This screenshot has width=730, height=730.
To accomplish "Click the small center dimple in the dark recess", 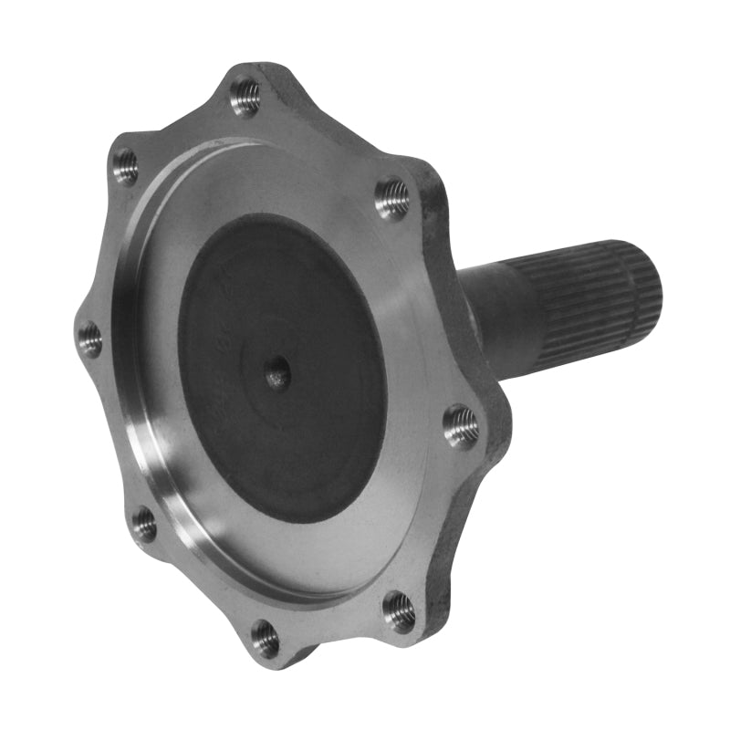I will tap(276, 372).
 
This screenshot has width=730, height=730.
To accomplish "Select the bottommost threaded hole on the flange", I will tap(265, 639).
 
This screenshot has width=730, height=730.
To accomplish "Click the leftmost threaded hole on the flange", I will tap(89, 339).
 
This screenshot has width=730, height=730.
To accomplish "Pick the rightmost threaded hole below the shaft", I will tap(461, 425).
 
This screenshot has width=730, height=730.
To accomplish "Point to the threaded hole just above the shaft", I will tap(392, 198).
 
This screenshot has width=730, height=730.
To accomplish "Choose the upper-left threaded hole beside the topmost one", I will tap(125, 166).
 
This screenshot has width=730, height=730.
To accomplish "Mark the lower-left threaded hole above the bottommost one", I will tap(143, 524).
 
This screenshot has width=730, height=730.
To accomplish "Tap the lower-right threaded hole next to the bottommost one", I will tap(399, 610).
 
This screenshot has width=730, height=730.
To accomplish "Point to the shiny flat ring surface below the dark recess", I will tap(301, 557).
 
